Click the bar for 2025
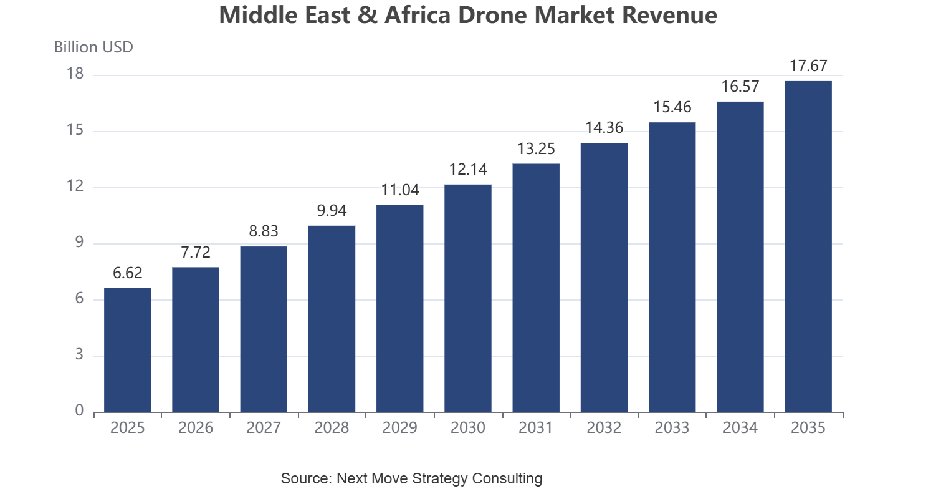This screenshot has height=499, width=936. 128,350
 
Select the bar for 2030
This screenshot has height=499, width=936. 468,298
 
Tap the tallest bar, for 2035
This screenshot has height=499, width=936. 808,246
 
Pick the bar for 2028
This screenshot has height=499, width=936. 332,319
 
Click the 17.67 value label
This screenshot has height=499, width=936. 808,66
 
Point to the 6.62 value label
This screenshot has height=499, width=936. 128,273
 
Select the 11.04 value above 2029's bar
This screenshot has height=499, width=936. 400,190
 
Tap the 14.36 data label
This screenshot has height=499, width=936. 604,128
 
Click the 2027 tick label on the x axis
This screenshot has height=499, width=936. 264,428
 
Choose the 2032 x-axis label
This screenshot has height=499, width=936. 604,428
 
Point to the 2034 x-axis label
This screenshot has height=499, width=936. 740,428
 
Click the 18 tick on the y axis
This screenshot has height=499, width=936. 75,74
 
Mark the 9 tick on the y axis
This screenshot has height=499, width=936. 79,243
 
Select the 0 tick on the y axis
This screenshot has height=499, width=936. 79,411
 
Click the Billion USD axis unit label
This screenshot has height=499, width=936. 93,47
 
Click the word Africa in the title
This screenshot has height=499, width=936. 418,15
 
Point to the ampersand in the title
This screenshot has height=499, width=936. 368,15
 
